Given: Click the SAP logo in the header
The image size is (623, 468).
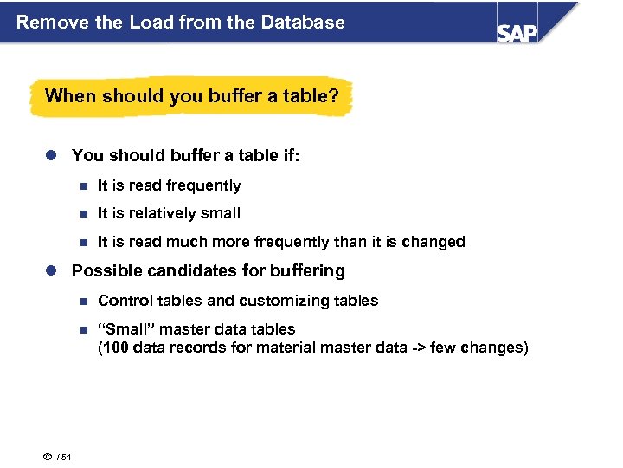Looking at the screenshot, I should coord(517,31).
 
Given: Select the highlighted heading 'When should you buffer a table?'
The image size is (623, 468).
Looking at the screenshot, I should coord(191,95).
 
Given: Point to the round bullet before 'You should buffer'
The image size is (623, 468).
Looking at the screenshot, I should coord(52,156).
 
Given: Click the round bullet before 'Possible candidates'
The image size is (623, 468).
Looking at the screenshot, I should coord(52,271).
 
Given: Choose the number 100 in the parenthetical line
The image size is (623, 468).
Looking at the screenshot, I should coord(117,348).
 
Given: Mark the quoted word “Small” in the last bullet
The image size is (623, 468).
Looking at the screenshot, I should coord(125,329).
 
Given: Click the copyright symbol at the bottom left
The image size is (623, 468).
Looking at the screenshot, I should coord(47,457).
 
